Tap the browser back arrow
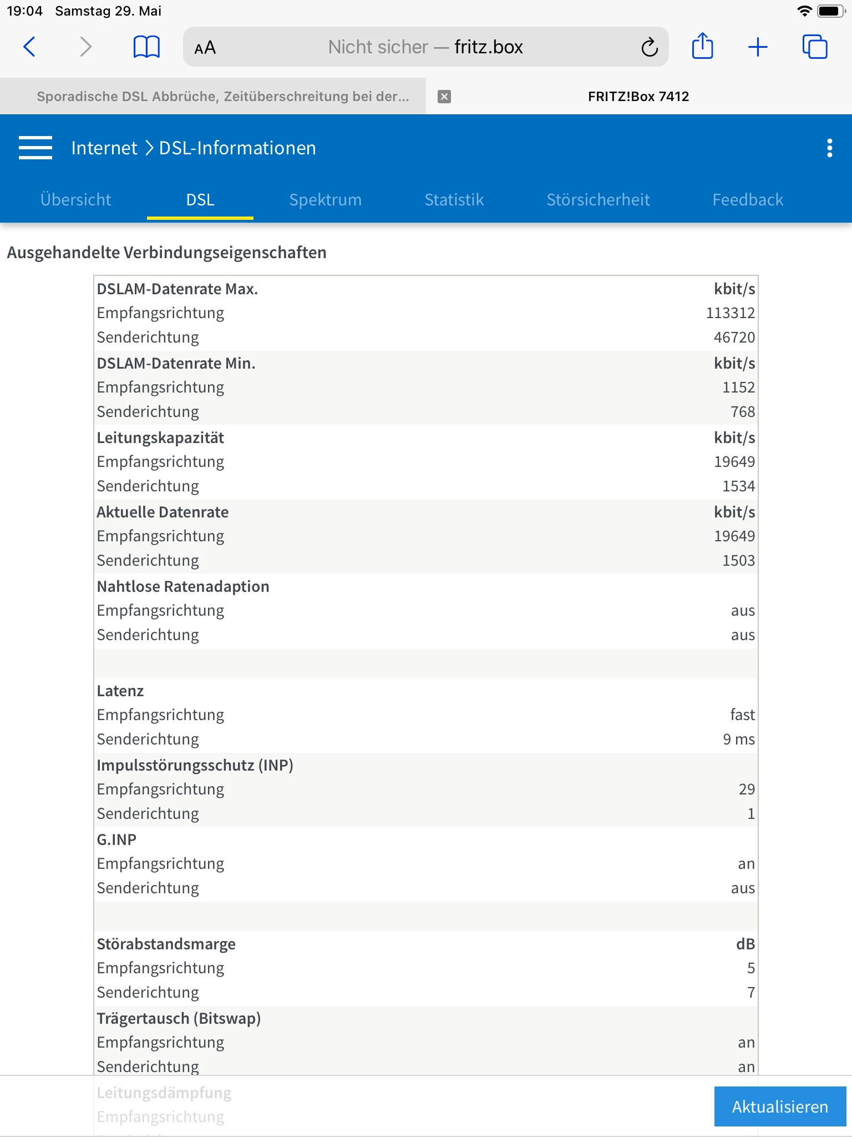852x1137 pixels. (x=30, y=47)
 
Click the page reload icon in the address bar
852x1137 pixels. (x=649, y=47)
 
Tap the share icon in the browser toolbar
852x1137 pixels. (x=702, y=46)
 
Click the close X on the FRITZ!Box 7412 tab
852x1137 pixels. (x=444, y=97)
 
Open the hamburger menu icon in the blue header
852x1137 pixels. (x=35, y=148)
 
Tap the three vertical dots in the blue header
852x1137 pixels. (x=829, y=148)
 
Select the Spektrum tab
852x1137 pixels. (x=325, y=199)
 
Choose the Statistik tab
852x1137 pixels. (x=454, y=199)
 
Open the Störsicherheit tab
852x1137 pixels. (x=598, y=199)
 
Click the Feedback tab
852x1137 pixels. (x=747, y=199)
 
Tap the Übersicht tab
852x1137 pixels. (x=76, y=199)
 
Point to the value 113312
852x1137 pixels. (x=730, y=313)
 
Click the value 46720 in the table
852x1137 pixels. (x=734, y=338)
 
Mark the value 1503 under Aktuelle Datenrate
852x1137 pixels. (x=738, y=561)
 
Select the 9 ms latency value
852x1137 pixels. (x=738, y=739)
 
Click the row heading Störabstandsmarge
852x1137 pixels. (x=166, y=944)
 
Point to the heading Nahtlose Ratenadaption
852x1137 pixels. (x=183, y=586)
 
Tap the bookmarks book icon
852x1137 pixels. (x=146, y=47)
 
